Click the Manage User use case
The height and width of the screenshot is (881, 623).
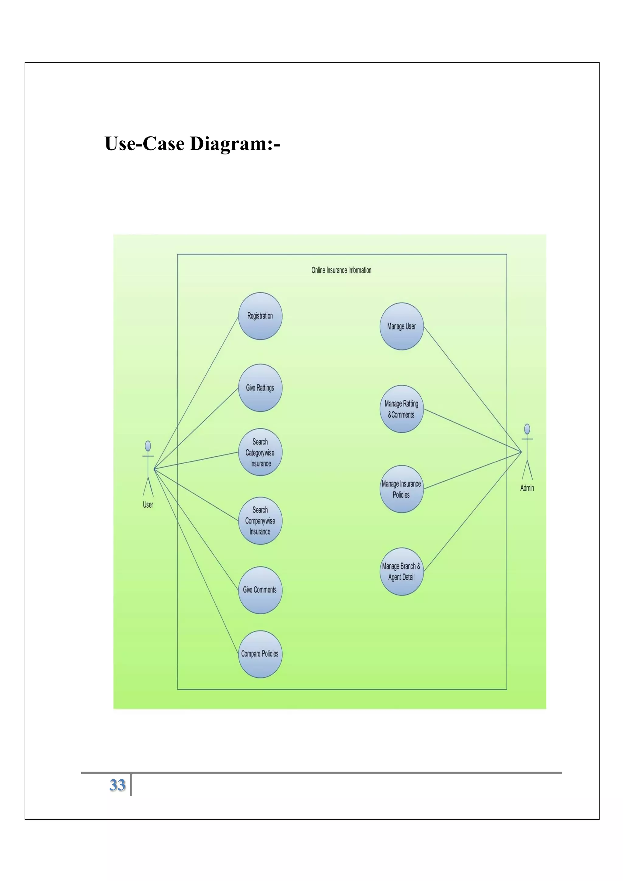coord(401,326)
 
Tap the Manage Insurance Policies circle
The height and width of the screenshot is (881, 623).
coord(401,489)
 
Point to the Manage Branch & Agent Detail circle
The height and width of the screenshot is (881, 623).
coord(401,571)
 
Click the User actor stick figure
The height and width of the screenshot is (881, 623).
coord(148,468)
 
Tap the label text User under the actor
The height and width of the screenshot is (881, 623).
coord(148,505)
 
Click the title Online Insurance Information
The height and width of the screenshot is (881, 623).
coord(341,270)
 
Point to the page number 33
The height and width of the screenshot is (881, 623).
coord(117,785)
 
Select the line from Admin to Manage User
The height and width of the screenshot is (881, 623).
coord(472,389)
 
